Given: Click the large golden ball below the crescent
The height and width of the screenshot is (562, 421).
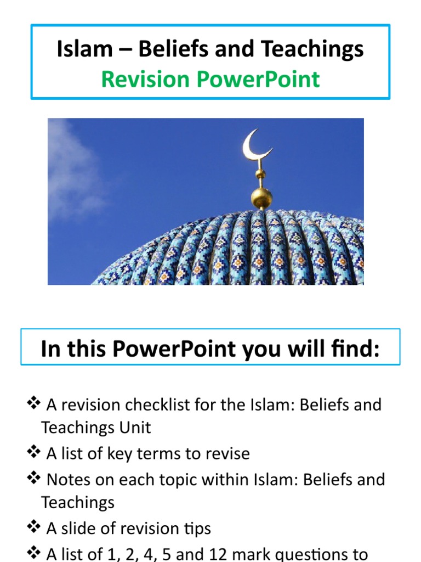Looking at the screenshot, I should [x=261, y=198].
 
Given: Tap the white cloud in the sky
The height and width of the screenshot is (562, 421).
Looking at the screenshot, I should [x=71, y=170].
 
